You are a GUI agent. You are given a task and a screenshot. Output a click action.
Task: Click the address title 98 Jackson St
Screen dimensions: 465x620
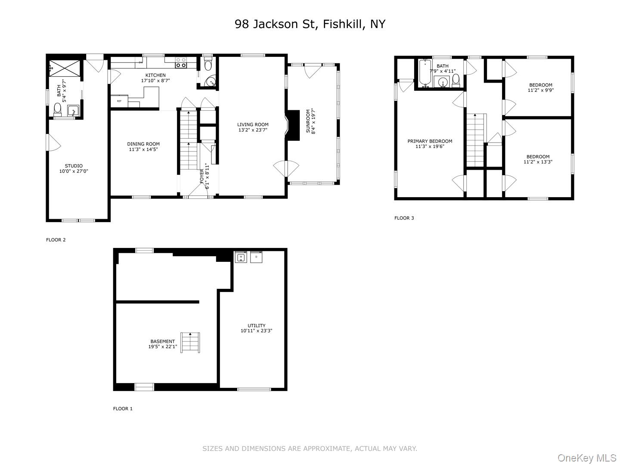point(310,24)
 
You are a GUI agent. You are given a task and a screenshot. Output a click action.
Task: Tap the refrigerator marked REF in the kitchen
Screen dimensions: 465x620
point(119,101)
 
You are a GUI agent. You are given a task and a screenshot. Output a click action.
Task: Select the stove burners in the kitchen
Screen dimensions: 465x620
point(181,63)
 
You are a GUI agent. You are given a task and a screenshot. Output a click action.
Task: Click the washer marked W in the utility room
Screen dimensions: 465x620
point(241,257)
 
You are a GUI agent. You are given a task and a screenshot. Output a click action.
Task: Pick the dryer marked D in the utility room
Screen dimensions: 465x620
point(256,257)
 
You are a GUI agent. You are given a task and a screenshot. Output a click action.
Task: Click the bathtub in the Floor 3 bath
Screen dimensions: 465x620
point(425,74)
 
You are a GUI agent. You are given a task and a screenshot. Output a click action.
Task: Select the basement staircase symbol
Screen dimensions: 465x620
point(190,342)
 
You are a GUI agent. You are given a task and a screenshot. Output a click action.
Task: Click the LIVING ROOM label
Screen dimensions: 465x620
point(253,124)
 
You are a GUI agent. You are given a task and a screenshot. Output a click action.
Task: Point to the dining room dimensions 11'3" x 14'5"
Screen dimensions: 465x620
point(143,149)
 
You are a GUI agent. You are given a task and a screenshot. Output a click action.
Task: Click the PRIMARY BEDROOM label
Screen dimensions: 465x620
point(430,141)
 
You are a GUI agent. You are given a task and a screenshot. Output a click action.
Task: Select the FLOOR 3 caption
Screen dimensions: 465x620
point(404,218)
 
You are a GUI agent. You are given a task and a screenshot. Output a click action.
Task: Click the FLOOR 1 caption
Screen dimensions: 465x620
point(123,409)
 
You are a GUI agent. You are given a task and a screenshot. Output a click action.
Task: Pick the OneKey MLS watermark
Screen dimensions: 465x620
point(587,458)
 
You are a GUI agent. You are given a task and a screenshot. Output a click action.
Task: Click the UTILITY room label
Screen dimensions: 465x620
point(256,325)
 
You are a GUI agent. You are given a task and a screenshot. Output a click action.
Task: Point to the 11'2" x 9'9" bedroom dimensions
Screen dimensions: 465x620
point(540,90)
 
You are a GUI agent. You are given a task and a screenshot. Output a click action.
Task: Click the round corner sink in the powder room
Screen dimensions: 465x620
point(211,81)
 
